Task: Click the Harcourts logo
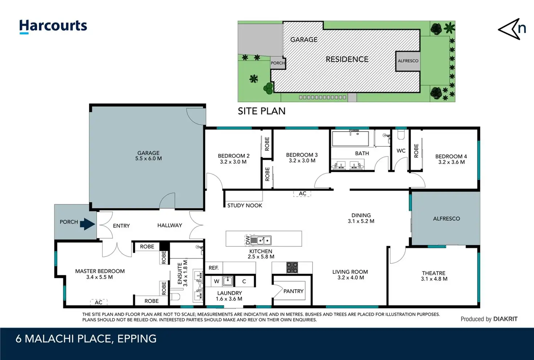click(x=53, y=26)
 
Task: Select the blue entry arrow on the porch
click(x=87, y=224)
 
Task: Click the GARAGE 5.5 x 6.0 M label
click(x=148, y=156)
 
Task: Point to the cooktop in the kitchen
click(x=292, y=267)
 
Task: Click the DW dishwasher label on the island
click(x=248, y=240)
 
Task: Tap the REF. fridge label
click(x=214, y=268)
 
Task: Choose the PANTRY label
click(x=293, y=291)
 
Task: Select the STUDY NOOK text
click(x=245, y=205)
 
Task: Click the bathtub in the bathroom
click(x=350, y=138)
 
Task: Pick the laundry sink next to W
click(x=228, y=281)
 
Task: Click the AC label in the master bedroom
click(x=98, y=302)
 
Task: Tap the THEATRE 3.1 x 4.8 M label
click(x=434, y=276)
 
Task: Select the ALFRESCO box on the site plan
click(x=408, y=61)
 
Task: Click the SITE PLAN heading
click(x=262, y=111)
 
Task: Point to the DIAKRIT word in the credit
click(x=505, y=319)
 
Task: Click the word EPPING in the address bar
click(x=137, y=339)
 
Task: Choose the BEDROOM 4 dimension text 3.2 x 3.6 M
click(x=452, y=162)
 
